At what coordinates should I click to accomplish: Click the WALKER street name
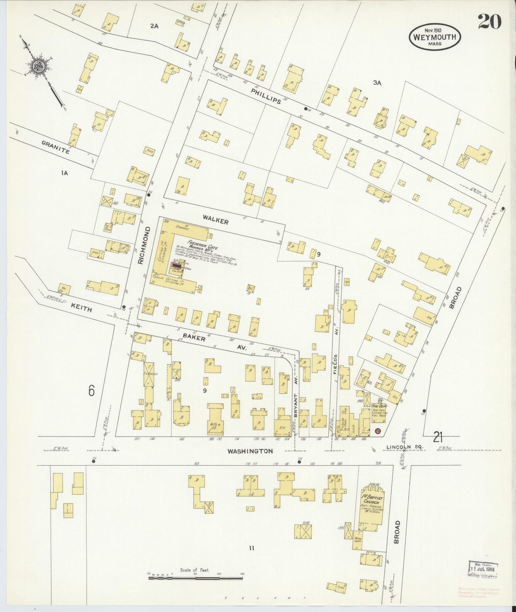click(215, 221)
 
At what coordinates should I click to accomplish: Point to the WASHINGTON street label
click(250, 451)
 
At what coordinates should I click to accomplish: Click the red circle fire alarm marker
click(378, 431)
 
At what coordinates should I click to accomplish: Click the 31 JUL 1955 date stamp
click(483, 569)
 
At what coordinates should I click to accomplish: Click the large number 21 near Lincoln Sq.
click(438, 436)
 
